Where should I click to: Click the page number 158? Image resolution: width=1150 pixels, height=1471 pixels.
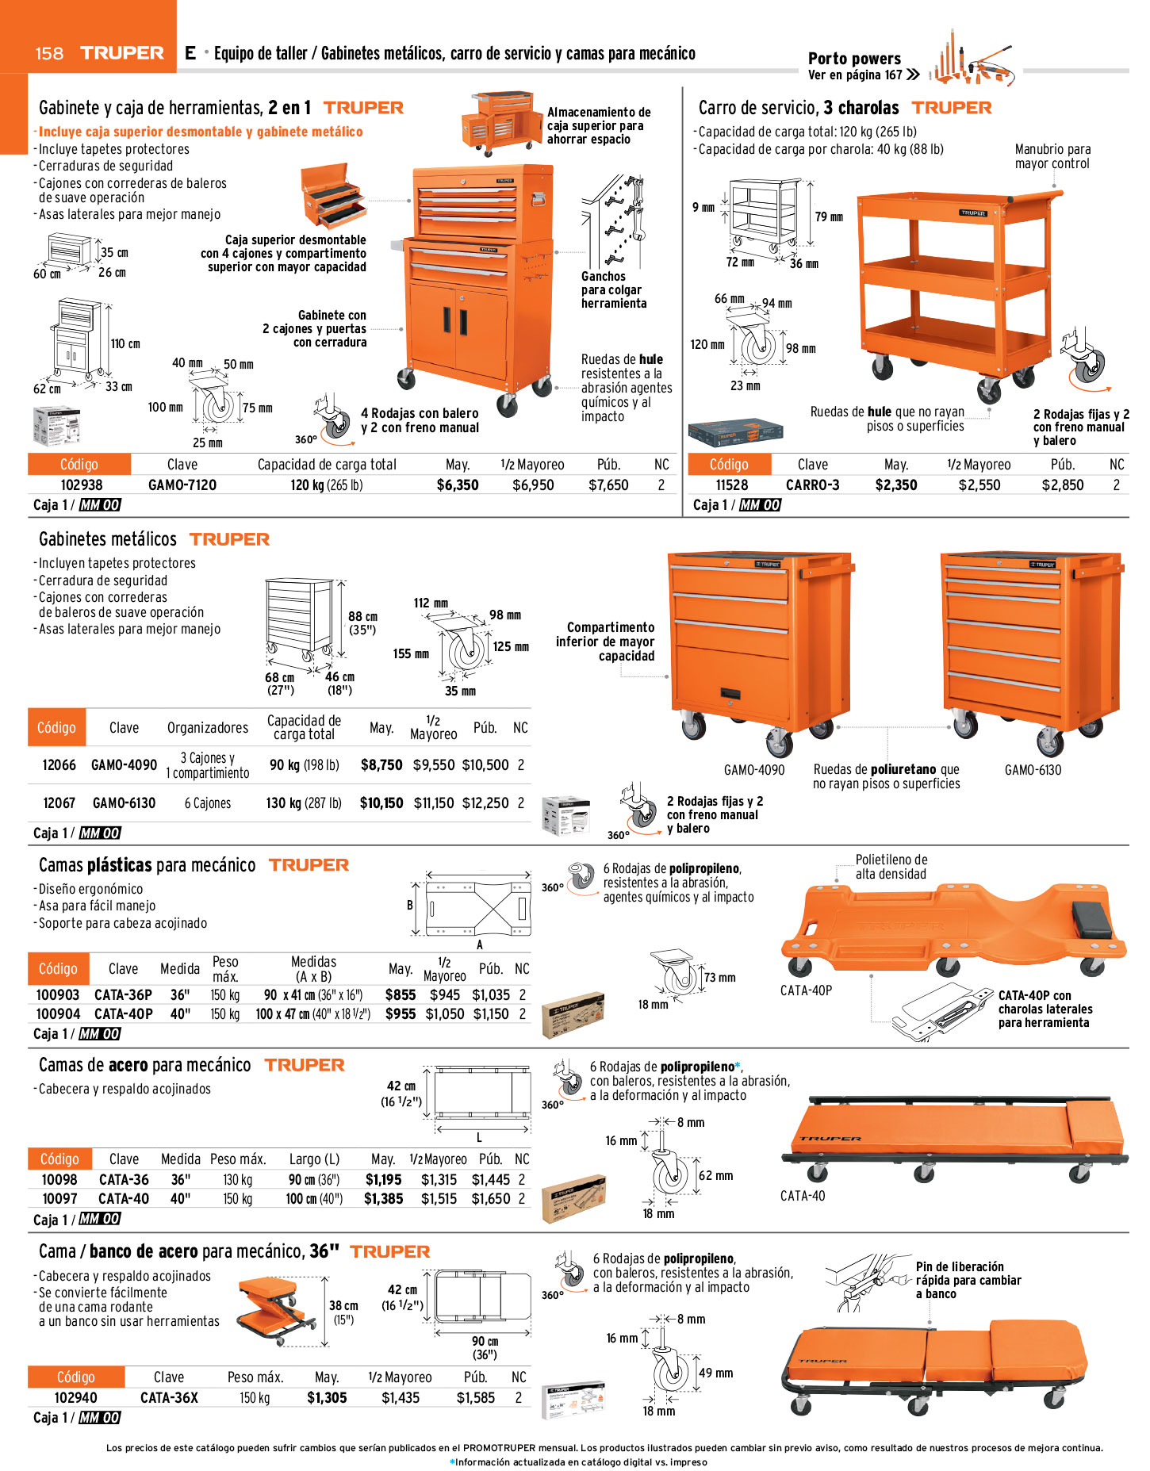pos(49,53)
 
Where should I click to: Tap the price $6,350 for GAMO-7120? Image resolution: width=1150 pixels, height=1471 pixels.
pos(458,485)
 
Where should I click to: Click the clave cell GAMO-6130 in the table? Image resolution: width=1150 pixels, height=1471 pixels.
pos(125,803)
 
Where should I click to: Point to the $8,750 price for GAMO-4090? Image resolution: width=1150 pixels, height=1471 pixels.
pos(381,764)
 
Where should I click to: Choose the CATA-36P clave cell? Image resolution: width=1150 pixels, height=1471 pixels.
pos(123,994)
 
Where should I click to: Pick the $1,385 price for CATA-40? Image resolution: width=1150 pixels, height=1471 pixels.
pos(383,1198)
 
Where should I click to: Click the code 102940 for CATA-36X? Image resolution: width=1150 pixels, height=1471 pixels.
pos(76,1397)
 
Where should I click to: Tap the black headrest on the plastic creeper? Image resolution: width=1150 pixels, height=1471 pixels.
pos(1092,917)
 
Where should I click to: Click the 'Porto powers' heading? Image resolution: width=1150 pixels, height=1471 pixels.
pos(854,58)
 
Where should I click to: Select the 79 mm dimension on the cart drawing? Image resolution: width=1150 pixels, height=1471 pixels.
pos(829,216)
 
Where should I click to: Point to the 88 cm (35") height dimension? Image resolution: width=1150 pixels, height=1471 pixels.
pos(362,622)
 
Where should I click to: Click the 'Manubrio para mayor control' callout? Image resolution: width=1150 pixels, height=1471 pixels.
pos(1052,156)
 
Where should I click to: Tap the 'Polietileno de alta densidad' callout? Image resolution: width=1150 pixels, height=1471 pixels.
pos(891,867)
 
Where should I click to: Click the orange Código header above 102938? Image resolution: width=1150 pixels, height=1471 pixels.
pos(79,464)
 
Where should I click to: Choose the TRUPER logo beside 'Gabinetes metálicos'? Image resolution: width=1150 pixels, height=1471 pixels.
pos(229,539)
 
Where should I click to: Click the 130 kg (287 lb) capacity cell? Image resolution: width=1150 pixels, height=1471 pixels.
pos(304,803)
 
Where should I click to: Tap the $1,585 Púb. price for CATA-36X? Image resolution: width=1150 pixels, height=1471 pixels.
pos(475,1397)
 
